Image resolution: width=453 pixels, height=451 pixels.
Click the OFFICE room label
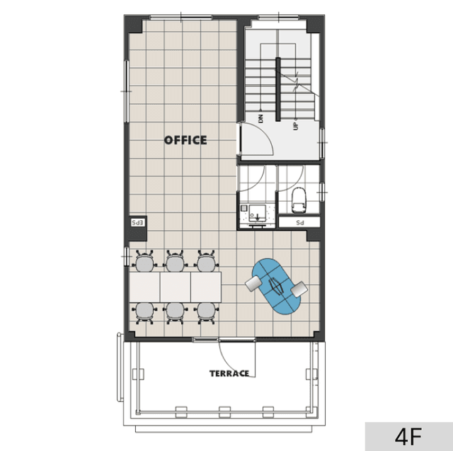coord(185,140)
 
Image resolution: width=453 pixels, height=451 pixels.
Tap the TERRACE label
coord(229,374)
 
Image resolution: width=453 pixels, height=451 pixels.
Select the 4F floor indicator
coord(408,437)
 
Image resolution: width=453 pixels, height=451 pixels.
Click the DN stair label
coord(261,118)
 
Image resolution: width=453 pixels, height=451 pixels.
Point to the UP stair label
coord(295,126)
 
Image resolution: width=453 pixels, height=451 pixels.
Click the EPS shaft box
coord(138,223)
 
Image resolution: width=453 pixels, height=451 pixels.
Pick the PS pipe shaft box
coord(299,222)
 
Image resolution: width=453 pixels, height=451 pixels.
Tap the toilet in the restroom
coord(299,200)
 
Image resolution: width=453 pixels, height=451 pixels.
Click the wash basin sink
coord(257,213)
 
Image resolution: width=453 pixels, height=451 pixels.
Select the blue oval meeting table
coord(276,286)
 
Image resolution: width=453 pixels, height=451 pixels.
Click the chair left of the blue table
coord(253,284)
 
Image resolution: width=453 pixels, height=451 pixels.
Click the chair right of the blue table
coord(299,289)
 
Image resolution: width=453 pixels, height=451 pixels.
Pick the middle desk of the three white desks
coord(176,287)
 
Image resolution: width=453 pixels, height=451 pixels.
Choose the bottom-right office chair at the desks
coord(206,313)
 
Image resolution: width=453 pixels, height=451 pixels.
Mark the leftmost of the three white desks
coord(144,287)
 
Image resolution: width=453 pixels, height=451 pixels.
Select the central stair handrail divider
coord(278,89)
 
